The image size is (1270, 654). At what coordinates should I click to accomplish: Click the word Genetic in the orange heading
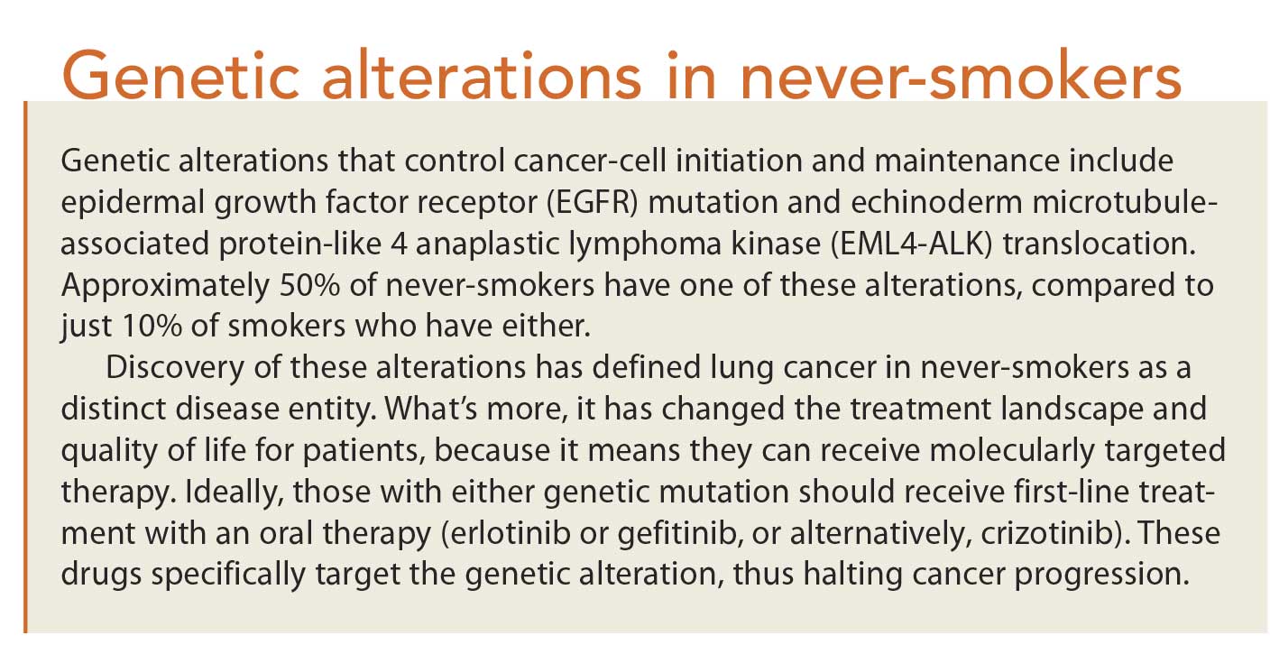coord(181,77)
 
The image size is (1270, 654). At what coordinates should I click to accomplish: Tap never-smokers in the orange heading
coord(961,77)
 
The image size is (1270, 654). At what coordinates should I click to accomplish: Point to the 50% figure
coord(309,285)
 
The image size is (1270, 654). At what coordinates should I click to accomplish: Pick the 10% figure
coord(152,327)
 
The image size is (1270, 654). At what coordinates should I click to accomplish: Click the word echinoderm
coord(936,203)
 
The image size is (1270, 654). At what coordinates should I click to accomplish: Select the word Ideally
coord(235,493)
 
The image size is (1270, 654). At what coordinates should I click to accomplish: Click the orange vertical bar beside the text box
coord(25,367)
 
